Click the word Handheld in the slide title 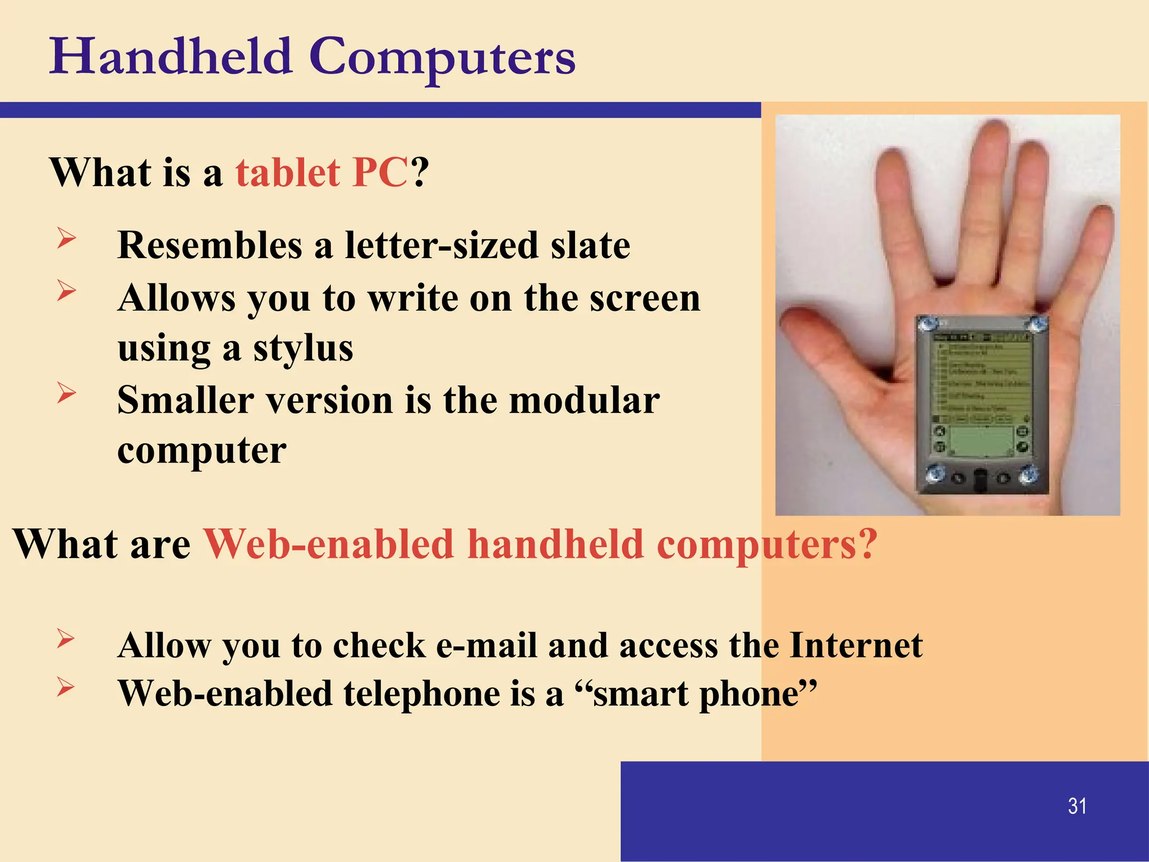(x=171, y=57)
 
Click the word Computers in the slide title (x=442, y=58)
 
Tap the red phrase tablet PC (x=321, y=172)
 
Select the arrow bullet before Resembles (x=66, y=239)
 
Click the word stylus (x=303, y=349)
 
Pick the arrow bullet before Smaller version (x=66, y=392)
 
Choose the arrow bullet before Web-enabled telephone (x=66, y=686)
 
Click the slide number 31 (x=1077, y=806)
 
